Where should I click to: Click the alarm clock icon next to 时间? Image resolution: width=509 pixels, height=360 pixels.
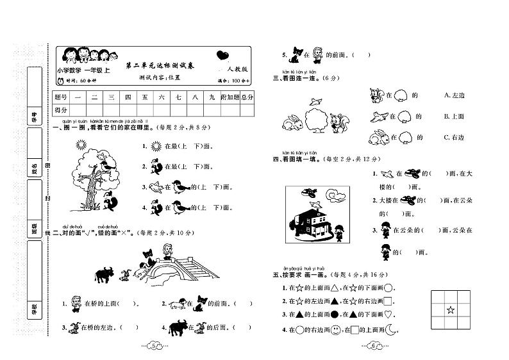pyautogui.click(x=60, y=81)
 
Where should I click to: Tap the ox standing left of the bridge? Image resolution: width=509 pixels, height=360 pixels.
pyautogui.click(x=103, y=275)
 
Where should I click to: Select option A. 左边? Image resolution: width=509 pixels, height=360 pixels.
pyautogui.click(x=454, y=95)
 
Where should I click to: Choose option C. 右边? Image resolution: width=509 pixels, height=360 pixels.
pyautogui.click(x=454, y=136)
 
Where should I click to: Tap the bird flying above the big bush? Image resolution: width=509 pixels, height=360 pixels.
pyautogui.click(x=315, y=101)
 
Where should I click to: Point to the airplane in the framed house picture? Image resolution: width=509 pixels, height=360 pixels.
pyautogui.click(x=310, y=192)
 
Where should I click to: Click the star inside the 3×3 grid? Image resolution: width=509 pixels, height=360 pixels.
pyautogui.click(x=450, y=311)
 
